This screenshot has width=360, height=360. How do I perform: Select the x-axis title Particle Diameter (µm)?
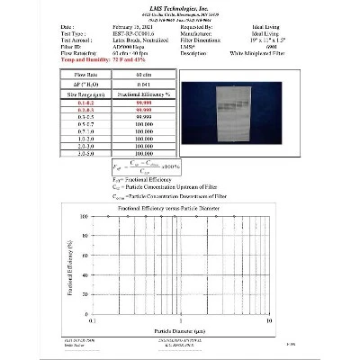pos(179,329)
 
